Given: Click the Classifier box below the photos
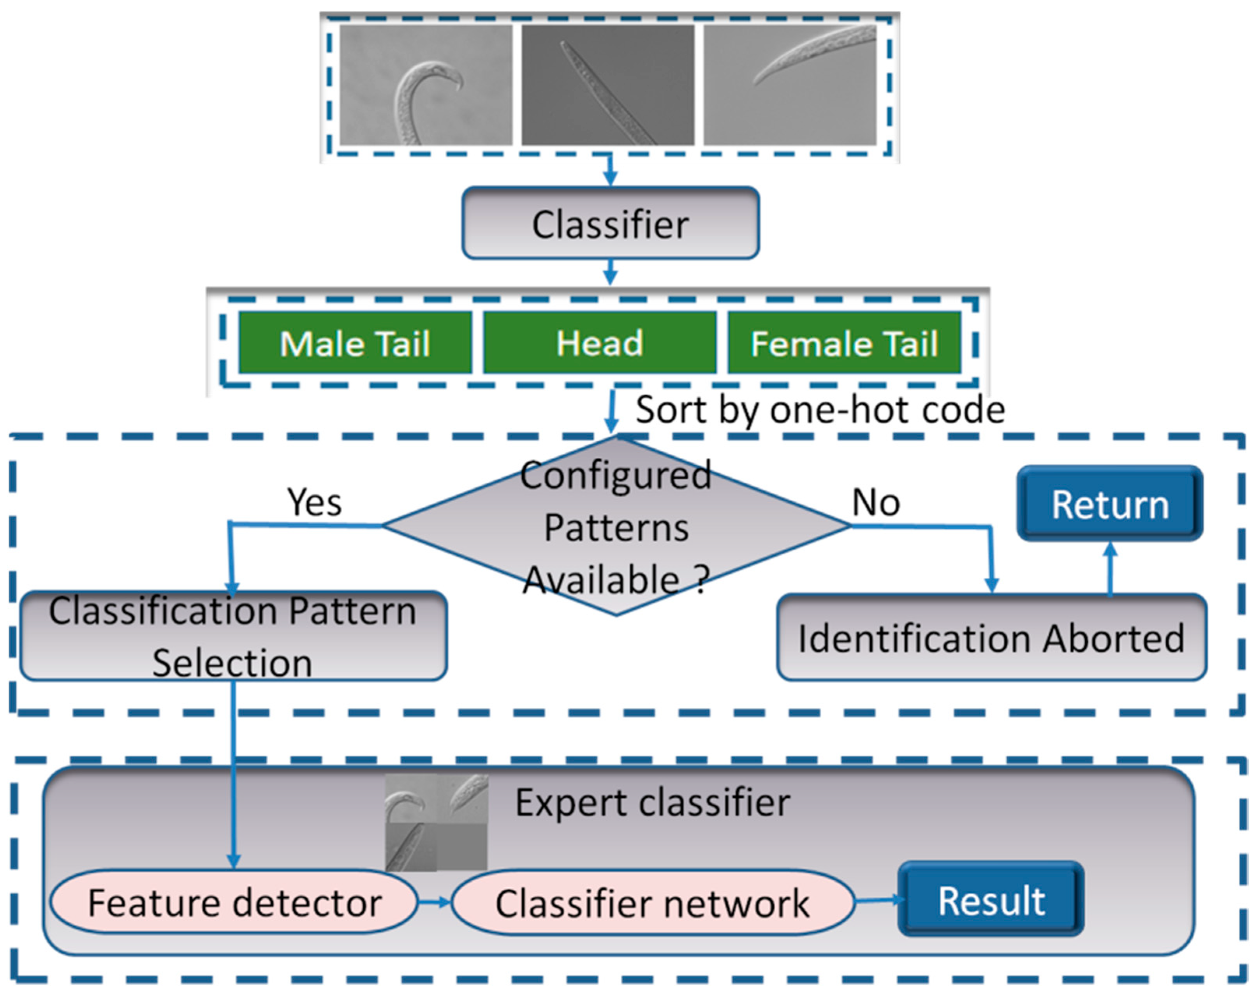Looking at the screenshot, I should point(610,223).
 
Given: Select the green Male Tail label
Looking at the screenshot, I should point(355,343).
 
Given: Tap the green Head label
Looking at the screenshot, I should point(599,343).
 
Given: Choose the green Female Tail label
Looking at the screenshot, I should point(843,343).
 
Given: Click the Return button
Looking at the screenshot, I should point(1109,504).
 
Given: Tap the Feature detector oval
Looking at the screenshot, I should point(234,903).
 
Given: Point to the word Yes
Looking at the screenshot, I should point(314,502).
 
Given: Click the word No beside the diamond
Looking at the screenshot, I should point(876,502).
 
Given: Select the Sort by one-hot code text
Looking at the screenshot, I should point(820,410).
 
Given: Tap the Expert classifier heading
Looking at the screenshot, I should point(652,803).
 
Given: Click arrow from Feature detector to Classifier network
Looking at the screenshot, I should point(434,903).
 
